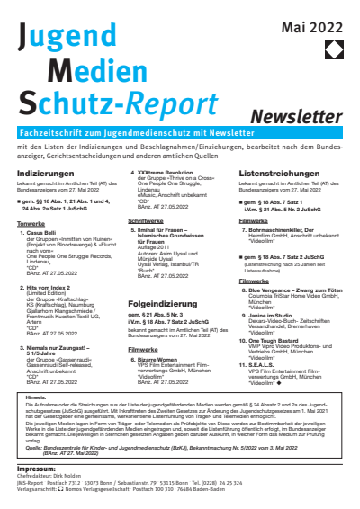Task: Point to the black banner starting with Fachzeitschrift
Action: pyautogui.click(x=179, y=133)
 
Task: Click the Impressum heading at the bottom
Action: pyautogui.click(x=35, y=469)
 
